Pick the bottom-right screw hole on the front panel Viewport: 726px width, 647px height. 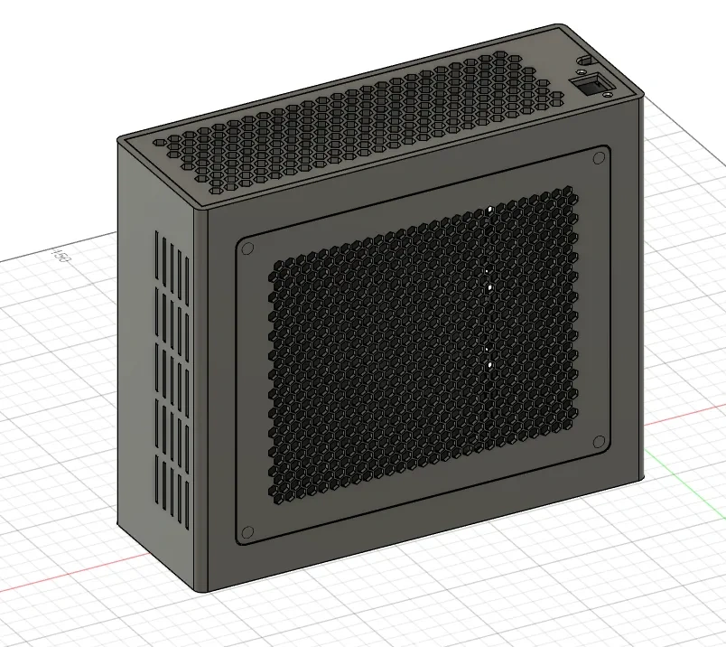[599, 441]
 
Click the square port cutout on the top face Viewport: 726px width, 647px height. [593, 86]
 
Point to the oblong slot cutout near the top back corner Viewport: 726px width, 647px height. [583, 60]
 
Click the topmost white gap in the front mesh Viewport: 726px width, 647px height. [489, 210]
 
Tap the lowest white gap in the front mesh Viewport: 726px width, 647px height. [489, 365]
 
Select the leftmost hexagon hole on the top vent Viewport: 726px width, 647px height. [160, 143]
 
